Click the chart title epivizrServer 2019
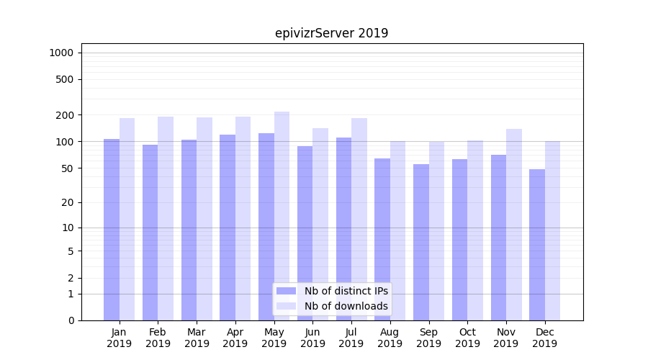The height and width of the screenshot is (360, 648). pyautogui.click(x=331, y=33)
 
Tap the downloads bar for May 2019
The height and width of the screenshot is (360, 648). pyautogui.click(x=282, y=216)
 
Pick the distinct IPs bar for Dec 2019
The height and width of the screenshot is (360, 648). pyautogui.click(x=537, y=245)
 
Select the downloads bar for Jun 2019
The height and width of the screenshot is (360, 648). pyautogui.click(x=320, y=224)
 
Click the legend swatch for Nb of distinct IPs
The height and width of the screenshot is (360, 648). pyautogui.click(x=287, y=291)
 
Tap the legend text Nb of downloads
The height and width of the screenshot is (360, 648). pyautogui.click(x=346, y=306)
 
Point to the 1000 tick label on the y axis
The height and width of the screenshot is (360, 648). pyautogui.click(x=61, y=53)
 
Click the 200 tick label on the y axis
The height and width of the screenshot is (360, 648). pyautogui.click(x=65, y=115)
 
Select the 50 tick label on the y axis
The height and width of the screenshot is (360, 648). pyautogui.click(x=67, y=168)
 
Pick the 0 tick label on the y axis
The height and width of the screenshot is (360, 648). pyautogui.click(x=71, y=320)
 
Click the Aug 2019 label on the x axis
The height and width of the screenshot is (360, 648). pyautogui.click(x=390, y=338)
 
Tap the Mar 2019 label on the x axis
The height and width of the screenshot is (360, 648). pyautogui.click(x=197, y=338)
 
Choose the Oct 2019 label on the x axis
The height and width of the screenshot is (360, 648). pyautogui.click(x=467, y=338)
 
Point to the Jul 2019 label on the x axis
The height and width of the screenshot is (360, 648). pyautogui.click(x=351, y=338)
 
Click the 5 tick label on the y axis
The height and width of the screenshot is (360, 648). pyautogui.click(x=71, y=251)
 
